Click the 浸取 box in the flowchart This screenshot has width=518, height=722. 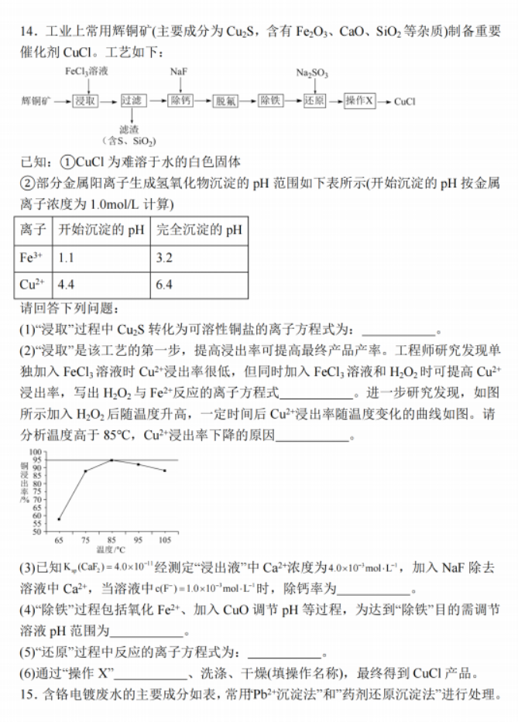click(x=85, y=101)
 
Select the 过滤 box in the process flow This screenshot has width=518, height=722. click(x=132, y=101)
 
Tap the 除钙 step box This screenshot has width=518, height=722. click(x=180, y=101)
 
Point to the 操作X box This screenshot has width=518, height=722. click(x=359, y=101)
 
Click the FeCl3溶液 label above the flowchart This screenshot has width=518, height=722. click(x=87, y=71)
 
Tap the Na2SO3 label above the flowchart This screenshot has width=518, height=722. click(x=312, y=74)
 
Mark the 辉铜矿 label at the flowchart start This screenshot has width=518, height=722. click(x=36, y=101)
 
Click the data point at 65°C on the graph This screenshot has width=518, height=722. click(x=59, y=519)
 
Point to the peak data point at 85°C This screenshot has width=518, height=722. click(x=111, y=460)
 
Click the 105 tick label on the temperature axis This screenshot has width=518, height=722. click(x=164, y=539)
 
